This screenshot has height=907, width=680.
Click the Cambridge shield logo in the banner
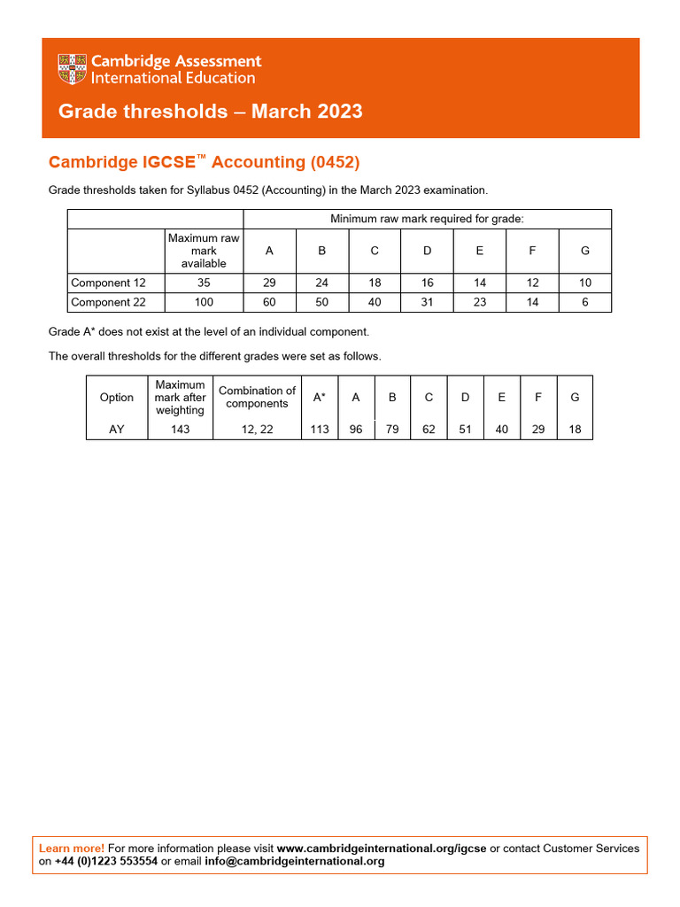pos(71,69)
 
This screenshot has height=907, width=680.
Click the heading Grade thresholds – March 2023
pos(210,112)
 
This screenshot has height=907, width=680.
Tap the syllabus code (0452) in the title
pos(335,162)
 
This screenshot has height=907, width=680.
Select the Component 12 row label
pos(108,283)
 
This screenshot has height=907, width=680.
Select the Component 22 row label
pos(108,302)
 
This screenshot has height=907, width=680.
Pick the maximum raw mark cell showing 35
pos(203,283)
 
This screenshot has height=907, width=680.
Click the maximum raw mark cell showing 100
pos(203,302)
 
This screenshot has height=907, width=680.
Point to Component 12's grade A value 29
pos(269,283)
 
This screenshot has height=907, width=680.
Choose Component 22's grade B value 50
pos(321,302)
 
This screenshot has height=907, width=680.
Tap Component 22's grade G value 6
pos(584,302)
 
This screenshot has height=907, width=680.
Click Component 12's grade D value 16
pos(427,283)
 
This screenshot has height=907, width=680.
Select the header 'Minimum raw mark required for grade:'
pos(427,219)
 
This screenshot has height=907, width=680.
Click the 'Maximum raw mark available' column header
pos(203,251)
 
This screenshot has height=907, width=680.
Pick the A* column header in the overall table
pos(320,398)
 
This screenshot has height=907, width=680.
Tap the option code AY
pos(117,430)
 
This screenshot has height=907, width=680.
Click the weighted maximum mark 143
pos(180,430)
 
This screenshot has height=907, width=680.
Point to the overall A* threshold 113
pos(320,430)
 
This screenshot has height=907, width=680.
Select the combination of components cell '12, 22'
pos(257,430)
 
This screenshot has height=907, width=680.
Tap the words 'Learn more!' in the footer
pos(72,849)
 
